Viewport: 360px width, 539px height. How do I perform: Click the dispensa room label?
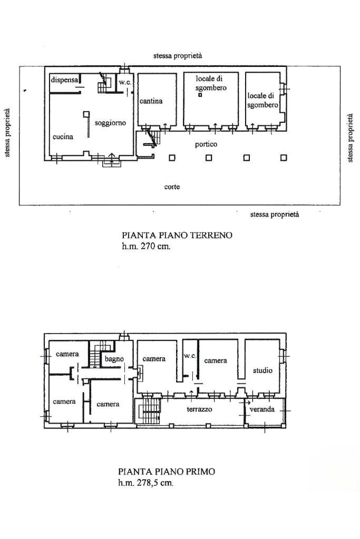point(64,80)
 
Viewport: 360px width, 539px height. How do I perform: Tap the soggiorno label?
point(110,123)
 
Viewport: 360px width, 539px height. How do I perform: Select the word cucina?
point(63,136)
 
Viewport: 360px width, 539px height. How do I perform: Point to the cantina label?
point(151,101)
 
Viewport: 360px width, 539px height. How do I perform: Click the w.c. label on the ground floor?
point(124,83)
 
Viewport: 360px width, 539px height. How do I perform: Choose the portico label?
point(206,144)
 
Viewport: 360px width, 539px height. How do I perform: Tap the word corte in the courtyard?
point(172,187)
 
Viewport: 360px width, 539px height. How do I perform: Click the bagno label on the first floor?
point(114,359)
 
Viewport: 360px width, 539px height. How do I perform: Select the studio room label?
point(262,370)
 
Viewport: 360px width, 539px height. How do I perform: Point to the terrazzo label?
point(199,409)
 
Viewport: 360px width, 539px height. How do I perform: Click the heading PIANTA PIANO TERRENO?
point(177,236)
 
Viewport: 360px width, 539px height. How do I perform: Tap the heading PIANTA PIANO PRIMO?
point(167,472)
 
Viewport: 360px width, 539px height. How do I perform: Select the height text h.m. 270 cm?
point(147,246)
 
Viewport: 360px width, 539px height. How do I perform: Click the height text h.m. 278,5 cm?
point(145,483)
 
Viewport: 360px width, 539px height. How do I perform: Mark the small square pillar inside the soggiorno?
point(85,113)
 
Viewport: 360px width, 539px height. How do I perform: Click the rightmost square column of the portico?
point(284,158)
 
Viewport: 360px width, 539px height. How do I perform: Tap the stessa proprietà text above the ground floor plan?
point(178,55)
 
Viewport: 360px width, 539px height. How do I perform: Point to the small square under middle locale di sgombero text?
point(200,95)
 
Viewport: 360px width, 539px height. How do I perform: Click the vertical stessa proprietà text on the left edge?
point(7,133)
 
